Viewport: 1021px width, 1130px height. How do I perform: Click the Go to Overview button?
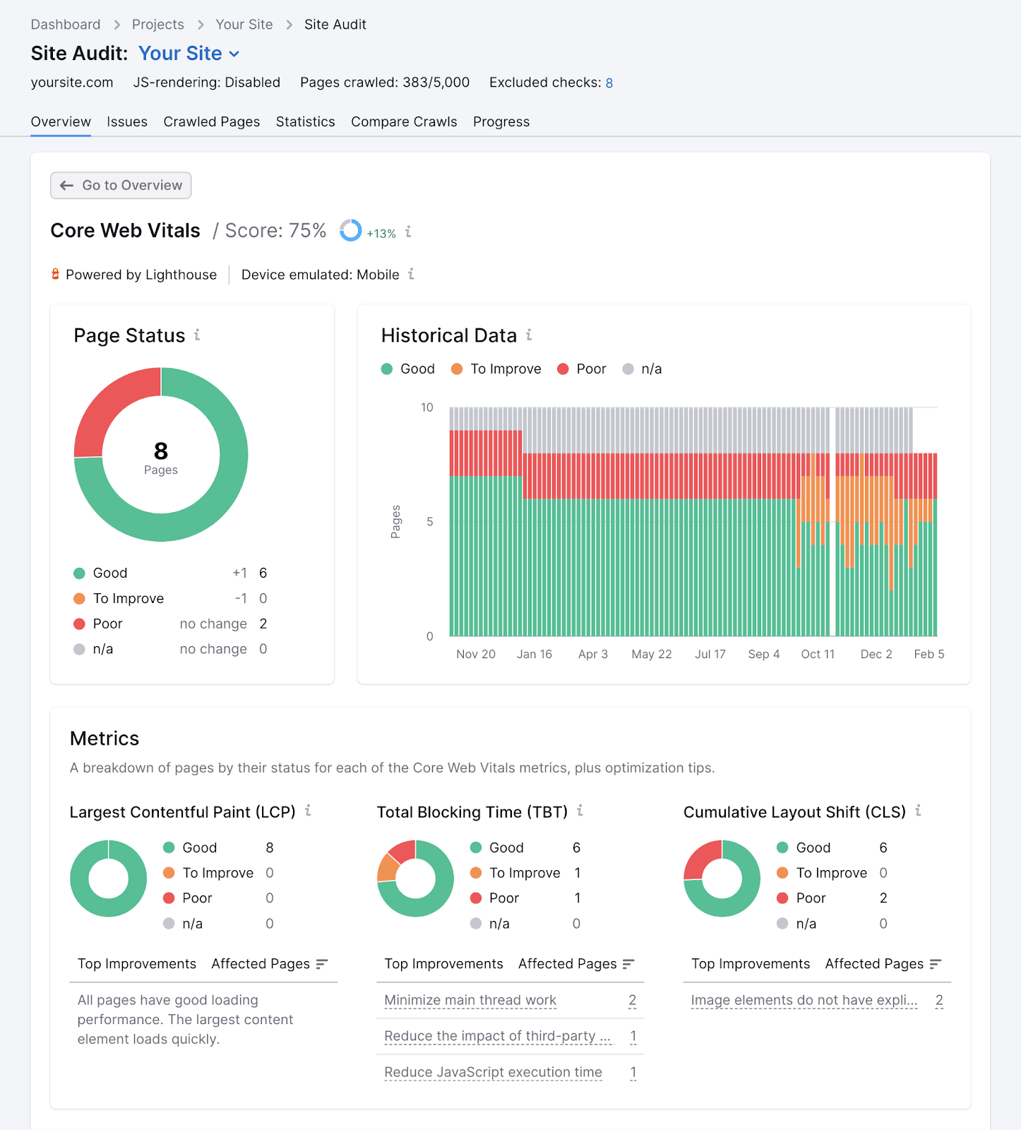point(121,185)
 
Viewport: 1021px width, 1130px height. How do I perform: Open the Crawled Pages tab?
point(211,121)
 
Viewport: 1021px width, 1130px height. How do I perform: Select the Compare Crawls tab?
point(404,121)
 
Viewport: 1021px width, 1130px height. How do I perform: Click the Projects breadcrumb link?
point(157,25)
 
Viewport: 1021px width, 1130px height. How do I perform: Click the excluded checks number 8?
point(609,83)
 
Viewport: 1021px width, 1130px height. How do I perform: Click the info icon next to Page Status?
point(197,335)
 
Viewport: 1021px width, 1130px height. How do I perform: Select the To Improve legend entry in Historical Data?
point(496,369)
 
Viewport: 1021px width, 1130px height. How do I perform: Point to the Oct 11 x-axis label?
point(817,654)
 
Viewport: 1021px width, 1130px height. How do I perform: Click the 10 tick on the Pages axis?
point(426,408)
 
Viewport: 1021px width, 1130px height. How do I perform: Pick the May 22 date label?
point(651,654)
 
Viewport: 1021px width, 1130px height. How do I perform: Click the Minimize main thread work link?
point(470,1000)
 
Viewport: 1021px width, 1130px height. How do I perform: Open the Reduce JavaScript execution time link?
point(493,1072)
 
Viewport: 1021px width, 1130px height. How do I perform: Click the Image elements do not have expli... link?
point(804,1000)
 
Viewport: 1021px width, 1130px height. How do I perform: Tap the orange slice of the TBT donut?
point(388,868)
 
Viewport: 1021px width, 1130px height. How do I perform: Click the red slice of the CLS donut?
point(700,858)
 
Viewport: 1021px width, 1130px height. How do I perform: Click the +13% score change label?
point(381,234)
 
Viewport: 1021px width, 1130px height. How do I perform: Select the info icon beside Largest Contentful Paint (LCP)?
point(308,811)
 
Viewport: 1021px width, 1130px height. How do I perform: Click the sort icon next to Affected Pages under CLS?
point(936,964)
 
